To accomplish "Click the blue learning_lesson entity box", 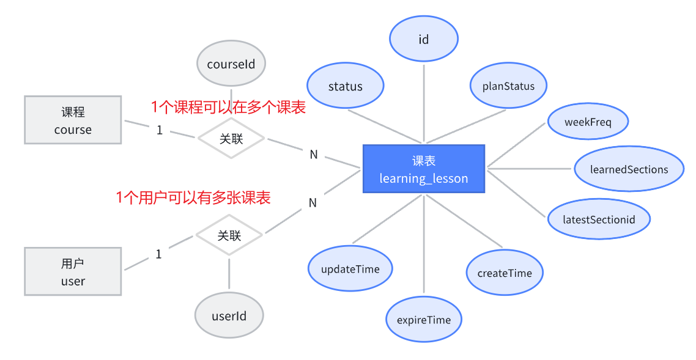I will [x=424, y=169].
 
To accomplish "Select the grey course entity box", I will [x=73, y=120].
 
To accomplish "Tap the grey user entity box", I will [x=73, y=271].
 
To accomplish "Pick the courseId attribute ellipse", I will [x=231, y=64].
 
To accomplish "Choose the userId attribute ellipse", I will [x=229, y=316].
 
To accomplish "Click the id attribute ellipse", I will [x=424, y=39].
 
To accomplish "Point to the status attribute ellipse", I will [x=345, y=86].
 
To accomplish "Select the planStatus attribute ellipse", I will [x=508, y=86].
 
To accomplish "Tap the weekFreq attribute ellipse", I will [x=588, y=122].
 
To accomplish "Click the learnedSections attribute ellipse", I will [x=629, y=169].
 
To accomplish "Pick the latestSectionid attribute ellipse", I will [x=599, y=219].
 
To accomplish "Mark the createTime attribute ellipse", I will [x=505, y=273].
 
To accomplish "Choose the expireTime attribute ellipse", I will [x=424, y=320].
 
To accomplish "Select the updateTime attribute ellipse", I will [x=350, y=269].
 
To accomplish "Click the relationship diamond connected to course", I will [x=231, y=139].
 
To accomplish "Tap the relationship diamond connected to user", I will [x=229, y=235].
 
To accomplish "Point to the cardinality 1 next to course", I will [x=160, y=130].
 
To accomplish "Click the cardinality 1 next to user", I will [x=159, y=254].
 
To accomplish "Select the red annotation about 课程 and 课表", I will [x=228, y=108].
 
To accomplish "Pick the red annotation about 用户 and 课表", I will [x=193, y=197].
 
